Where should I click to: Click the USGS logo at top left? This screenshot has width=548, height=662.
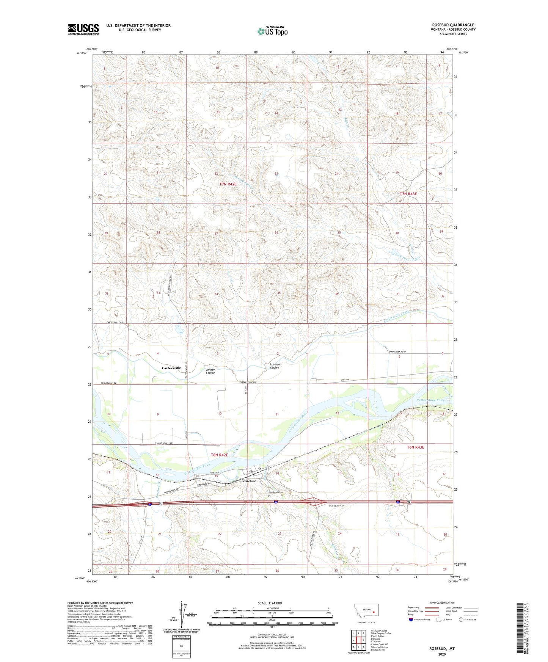pos(83,29)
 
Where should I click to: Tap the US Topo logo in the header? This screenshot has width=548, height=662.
pos(272,31)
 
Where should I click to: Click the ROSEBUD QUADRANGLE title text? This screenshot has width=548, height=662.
pos(453,25)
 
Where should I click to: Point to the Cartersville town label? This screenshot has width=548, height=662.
pos(171,368)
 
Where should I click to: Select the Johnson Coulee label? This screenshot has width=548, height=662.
pos(210,371)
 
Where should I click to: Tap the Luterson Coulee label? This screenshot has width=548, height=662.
pos(275,366)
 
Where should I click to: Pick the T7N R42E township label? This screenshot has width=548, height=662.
pos(228,184)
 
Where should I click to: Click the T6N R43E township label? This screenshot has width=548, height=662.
pos(415,447)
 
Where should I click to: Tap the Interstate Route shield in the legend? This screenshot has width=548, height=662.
pos(411,620)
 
